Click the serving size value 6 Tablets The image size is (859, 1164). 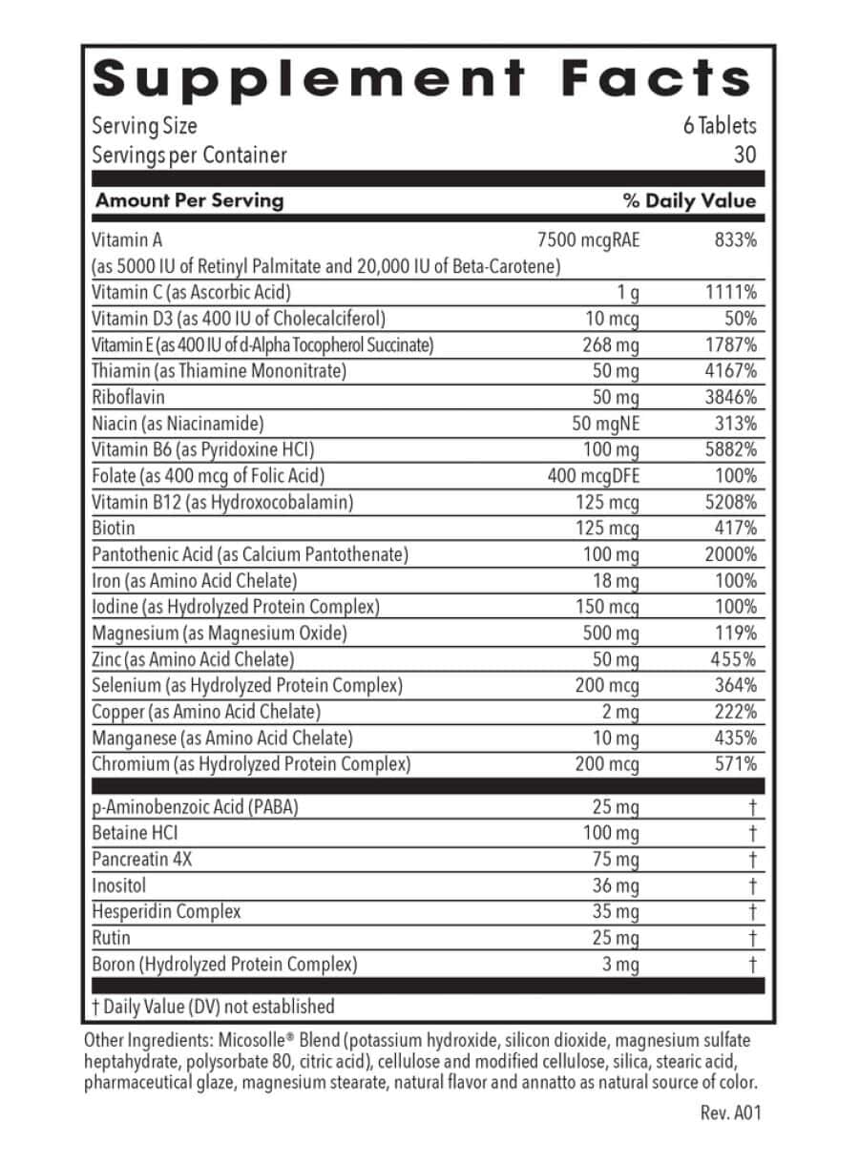coord(719,126)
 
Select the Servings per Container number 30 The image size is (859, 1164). coord(744,155)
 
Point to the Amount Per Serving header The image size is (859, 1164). coord(189,200)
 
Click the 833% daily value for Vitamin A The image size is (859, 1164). coord(735,240)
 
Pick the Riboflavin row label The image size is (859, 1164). coord(129,397)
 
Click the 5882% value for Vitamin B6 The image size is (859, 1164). coord(730,449)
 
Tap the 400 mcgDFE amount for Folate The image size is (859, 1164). coord(593,476)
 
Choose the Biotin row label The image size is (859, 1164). coord(114,529)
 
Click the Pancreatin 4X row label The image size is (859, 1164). coord(142,859)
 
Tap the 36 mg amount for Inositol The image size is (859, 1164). coord(616,885)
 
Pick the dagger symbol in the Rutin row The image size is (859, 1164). coord(752,939)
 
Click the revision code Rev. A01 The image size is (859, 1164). coord(730,1112)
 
